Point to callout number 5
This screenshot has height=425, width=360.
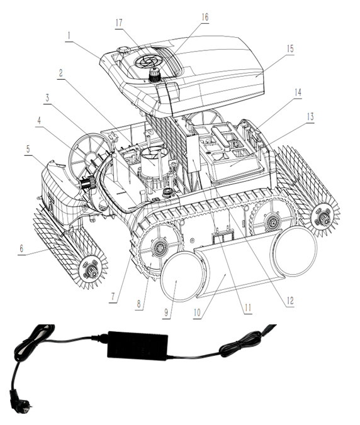click(26, 148)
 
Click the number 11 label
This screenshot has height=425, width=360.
click(247, 308)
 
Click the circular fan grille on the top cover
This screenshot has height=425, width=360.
click(150, 61)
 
